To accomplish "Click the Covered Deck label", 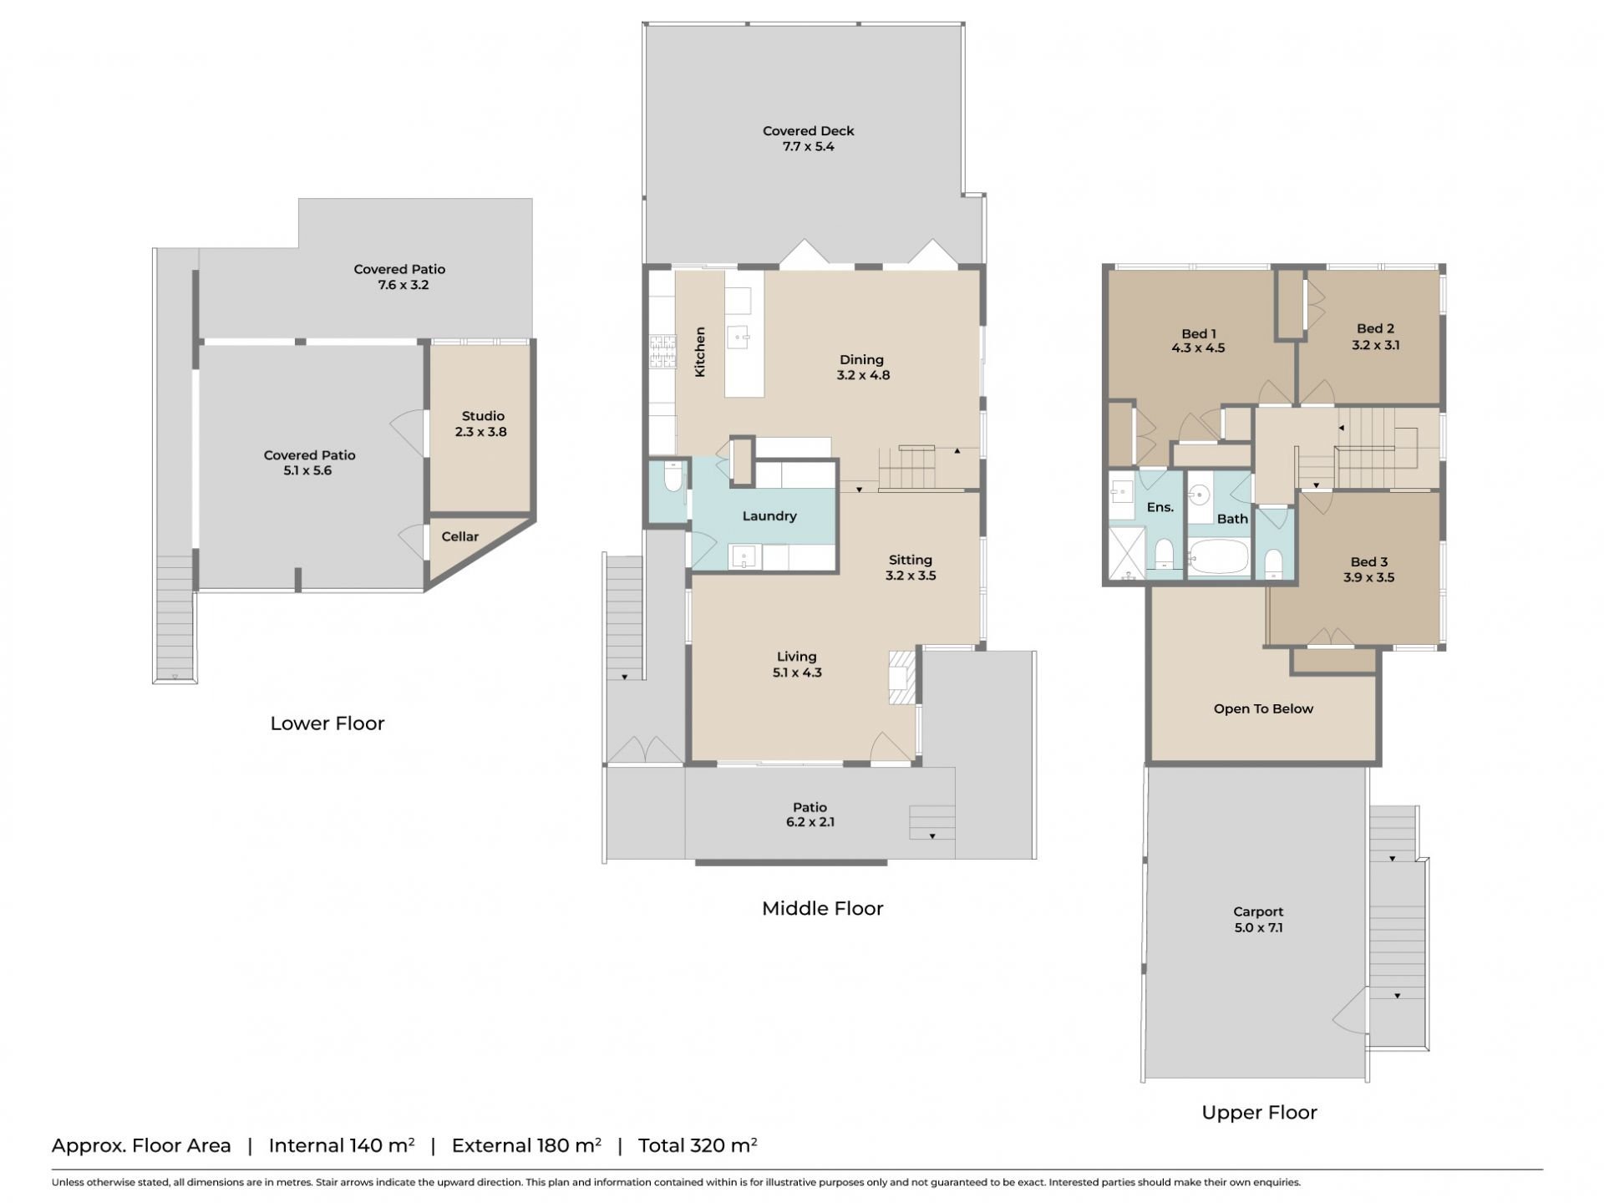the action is (808, 131).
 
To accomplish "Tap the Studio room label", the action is (483, 416).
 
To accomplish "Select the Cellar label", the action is (460, 536).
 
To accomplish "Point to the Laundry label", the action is (769, 516).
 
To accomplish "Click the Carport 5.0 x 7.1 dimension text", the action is (1258, 927).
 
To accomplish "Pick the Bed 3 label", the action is (1368, 562).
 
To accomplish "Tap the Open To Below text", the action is (1263, 709).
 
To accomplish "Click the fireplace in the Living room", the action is (902, 677).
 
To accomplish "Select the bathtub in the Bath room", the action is (1218, 557).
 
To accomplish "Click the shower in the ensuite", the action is (1127, 552).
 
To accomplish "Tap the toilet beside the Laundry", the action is (673, 479).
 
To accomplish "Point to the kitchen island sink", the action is (739, 338).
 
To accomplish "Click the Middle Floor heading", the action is (822, 909).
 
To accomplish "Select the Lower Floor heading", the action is (327, 723).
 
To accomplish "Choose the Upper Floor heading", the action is (1259, 1113).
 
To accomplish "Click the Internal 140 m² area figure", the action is (342, 1145).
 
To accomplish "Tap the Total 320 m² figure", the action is (698, 1145).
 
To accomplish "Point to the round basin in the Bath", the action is (1200, 495).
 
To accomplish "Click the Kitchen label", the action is (700, 352).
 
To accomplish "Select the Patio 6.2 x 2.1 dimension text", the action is (809, 822).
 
